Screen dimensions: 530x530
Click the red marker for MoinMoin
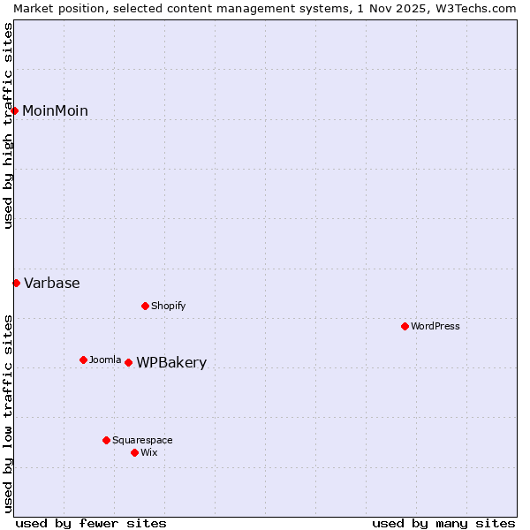click(x=15, y=110)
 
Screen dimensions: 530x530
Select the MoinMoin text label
click(x=55, y=111)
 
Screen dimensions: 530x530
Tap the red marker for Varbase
click(x=16, y=284)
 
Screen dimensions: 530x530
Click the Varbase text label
click(x=51, y=284)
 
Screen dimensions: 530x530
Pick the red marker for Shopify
click(x=145, y=307)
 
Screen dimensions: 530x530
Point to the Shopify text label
click(x=168, y=307)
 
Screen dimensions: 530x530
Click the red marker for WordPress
click(x=405, y=327)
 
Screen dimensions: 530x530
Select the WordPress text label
click(x=435, y=327)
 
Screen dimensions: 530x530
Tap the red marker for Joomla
click(x=83, y=360)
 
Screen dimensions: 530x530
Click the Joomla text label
click(x=105, y=360)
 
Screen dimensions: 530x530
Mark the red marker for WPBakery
click(x=128, y=363)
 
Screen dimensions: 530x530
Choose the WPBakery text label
click(x=171, y=363)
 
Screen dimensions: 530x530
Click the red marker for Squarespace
click(x=106, y=440)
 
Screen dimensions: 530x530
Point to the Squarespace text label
click(x=142, y=440)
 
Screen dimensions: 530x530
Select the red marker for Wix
click(x=134, y=452)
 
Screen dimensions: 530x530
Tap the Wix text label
click(x=148, y=452)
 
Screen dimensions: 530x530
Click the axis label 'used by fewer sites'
click(x=91, y=523)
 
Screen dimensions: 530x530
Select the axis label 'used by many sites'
click(x=443, y=523)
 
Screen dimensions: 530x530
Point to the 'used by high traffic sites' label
click(x=8, y=125)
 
